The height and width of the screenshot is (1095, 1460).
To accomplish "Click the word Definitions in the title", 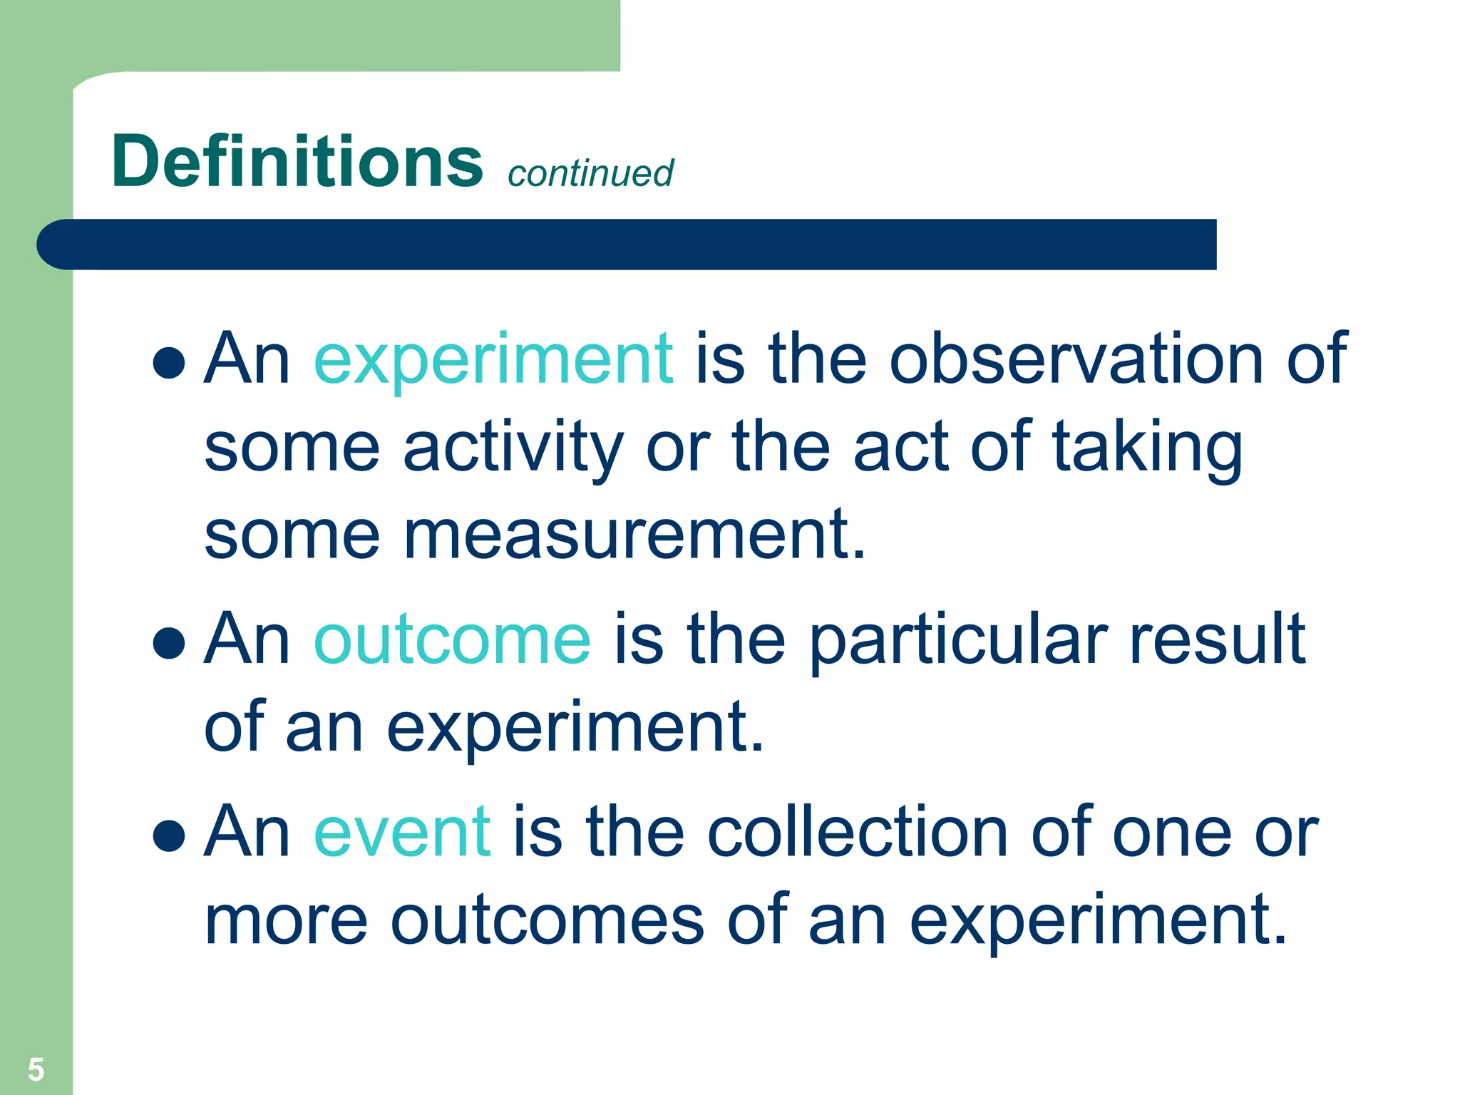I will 297,162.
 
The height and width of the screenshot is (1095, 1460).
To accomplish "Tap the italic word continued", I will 590,173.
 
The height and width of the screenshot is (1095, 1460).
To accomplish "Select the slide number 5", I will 36,1069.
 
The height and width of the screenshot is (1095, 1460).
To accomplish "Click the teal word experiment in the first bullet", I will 493,359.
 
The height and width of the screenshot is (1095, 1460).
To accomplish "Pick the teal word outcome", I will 452,639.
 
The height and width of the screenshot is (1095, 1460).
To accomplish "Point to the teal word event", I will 402,831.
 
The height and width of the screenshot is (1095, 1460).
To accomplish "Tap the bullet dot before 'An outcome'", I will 169,643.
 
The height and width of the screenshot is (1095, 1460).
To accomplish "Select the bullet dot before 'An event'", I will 169,835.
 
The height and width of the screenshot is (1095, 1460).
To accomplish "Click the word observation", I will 1076,359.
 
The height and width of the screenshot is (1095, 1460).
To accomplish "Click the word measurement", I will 634,536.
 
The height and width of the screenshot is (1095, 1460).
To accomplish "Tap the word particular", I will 959,639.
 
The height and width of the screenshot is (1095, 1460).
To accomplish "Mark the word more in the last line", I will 286,921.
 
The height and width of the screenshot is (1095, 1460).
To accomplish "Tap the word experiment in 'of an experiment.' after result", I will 575,728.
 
